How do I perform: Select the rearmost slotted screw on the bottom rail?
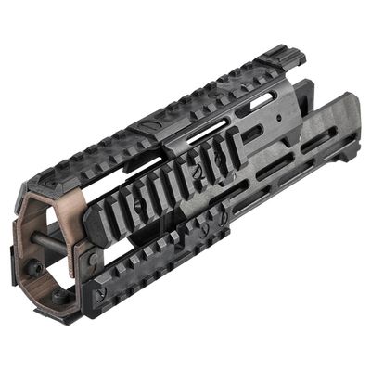222,218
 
